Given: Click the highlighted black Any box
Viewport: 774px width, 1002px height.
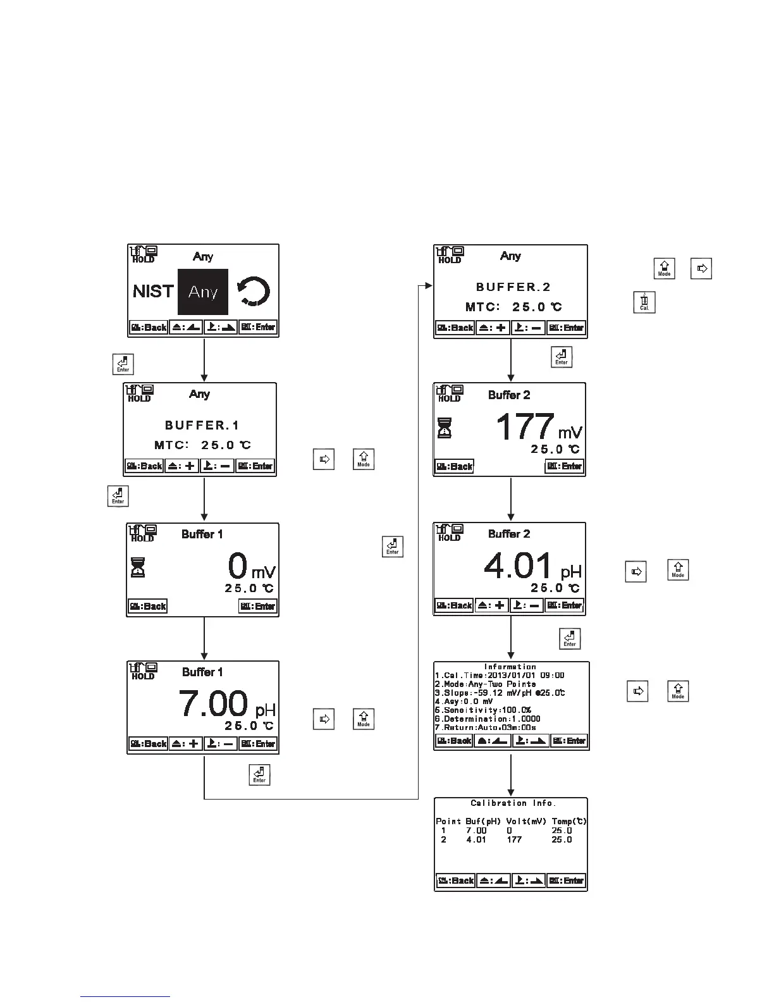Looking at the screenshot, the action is coord(202,292).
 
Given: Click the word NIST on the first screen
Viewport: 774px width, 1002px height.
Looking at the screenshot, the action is coord(153,292).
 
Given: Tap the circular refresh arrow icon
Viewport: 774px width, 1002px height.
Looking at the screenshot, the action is coord(254,292).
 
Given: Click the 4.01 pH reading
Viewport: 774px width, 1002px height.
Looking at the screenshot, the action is coord(531,566).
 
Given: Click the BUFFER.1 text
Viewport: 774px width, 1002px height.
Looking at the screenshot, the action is coord(202,425).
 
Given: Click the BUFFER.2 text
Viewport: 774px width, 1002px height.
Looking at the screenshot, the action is coord(513,287).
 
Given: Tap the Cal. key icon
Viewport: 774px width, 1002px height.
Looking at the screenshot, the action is coord(644,302).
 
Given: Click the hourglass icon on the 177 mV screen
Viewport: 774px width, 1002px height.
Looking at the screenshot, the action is coord(445,428).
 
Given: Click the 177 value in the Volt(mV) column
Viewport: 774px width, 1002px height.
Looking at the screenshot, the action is coord(514,840).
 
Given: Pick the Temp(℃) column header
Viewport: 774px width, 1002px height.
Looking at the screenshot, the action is coord(569,821).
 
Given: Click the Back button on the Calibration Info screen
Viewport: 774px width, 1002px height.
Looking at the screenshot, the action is coord(455,881).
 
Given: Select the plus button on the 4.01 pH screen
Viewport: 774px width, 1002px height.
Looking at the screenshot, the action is coord(491,605).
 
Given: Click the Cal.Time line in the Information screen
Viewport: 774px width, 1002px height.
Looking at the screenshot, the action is coord(500,676).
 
